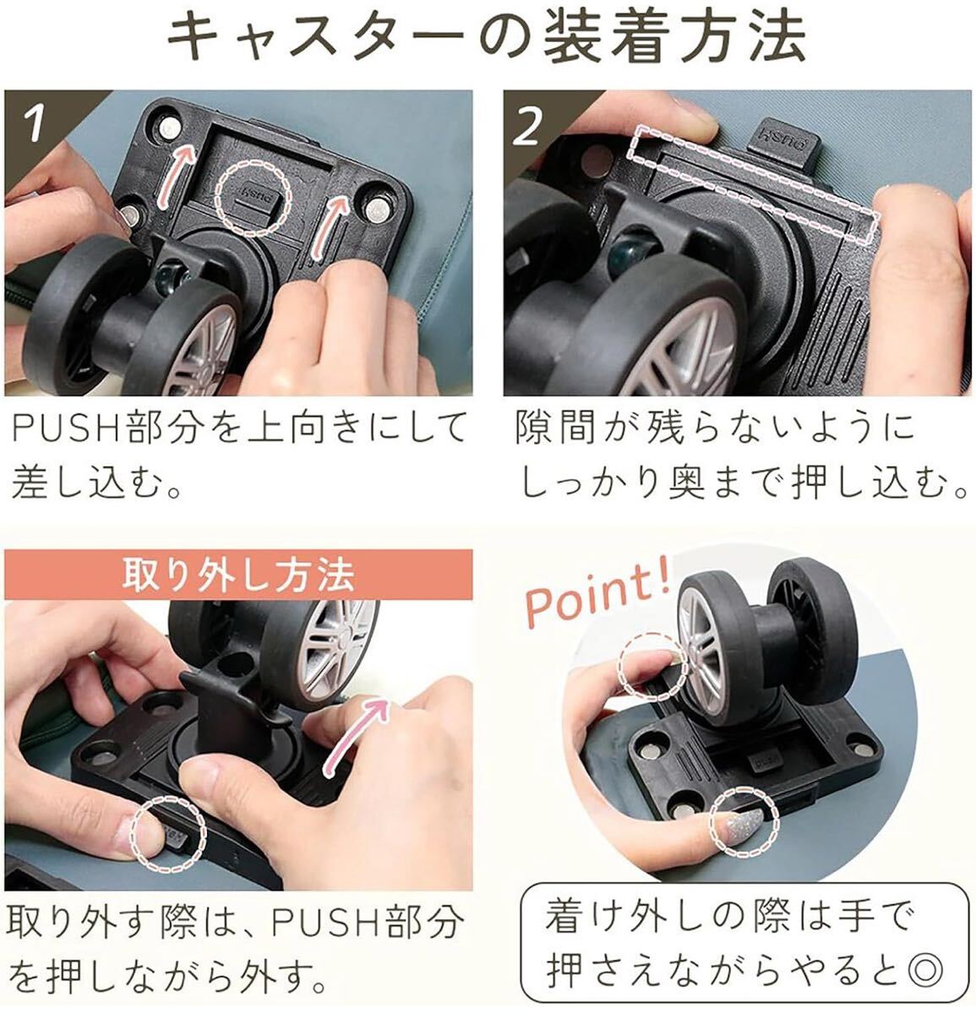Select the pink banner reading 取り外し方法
coord(238,575)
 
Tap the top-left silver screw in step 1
coord(168,127)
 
